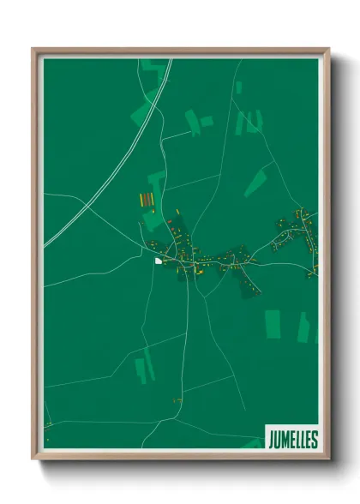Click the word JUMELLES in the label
(x=293, y=440)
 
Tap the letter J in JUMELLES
(x=271, y=440)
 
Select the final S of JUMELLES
(x=315, y=440)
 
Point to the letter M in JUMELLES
(x=285, y=440)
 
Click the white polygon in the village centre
(x=159, y=261)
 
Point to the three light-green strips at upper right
(x=249, y=123)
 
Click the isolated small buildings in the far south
(x=177, y=400)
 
